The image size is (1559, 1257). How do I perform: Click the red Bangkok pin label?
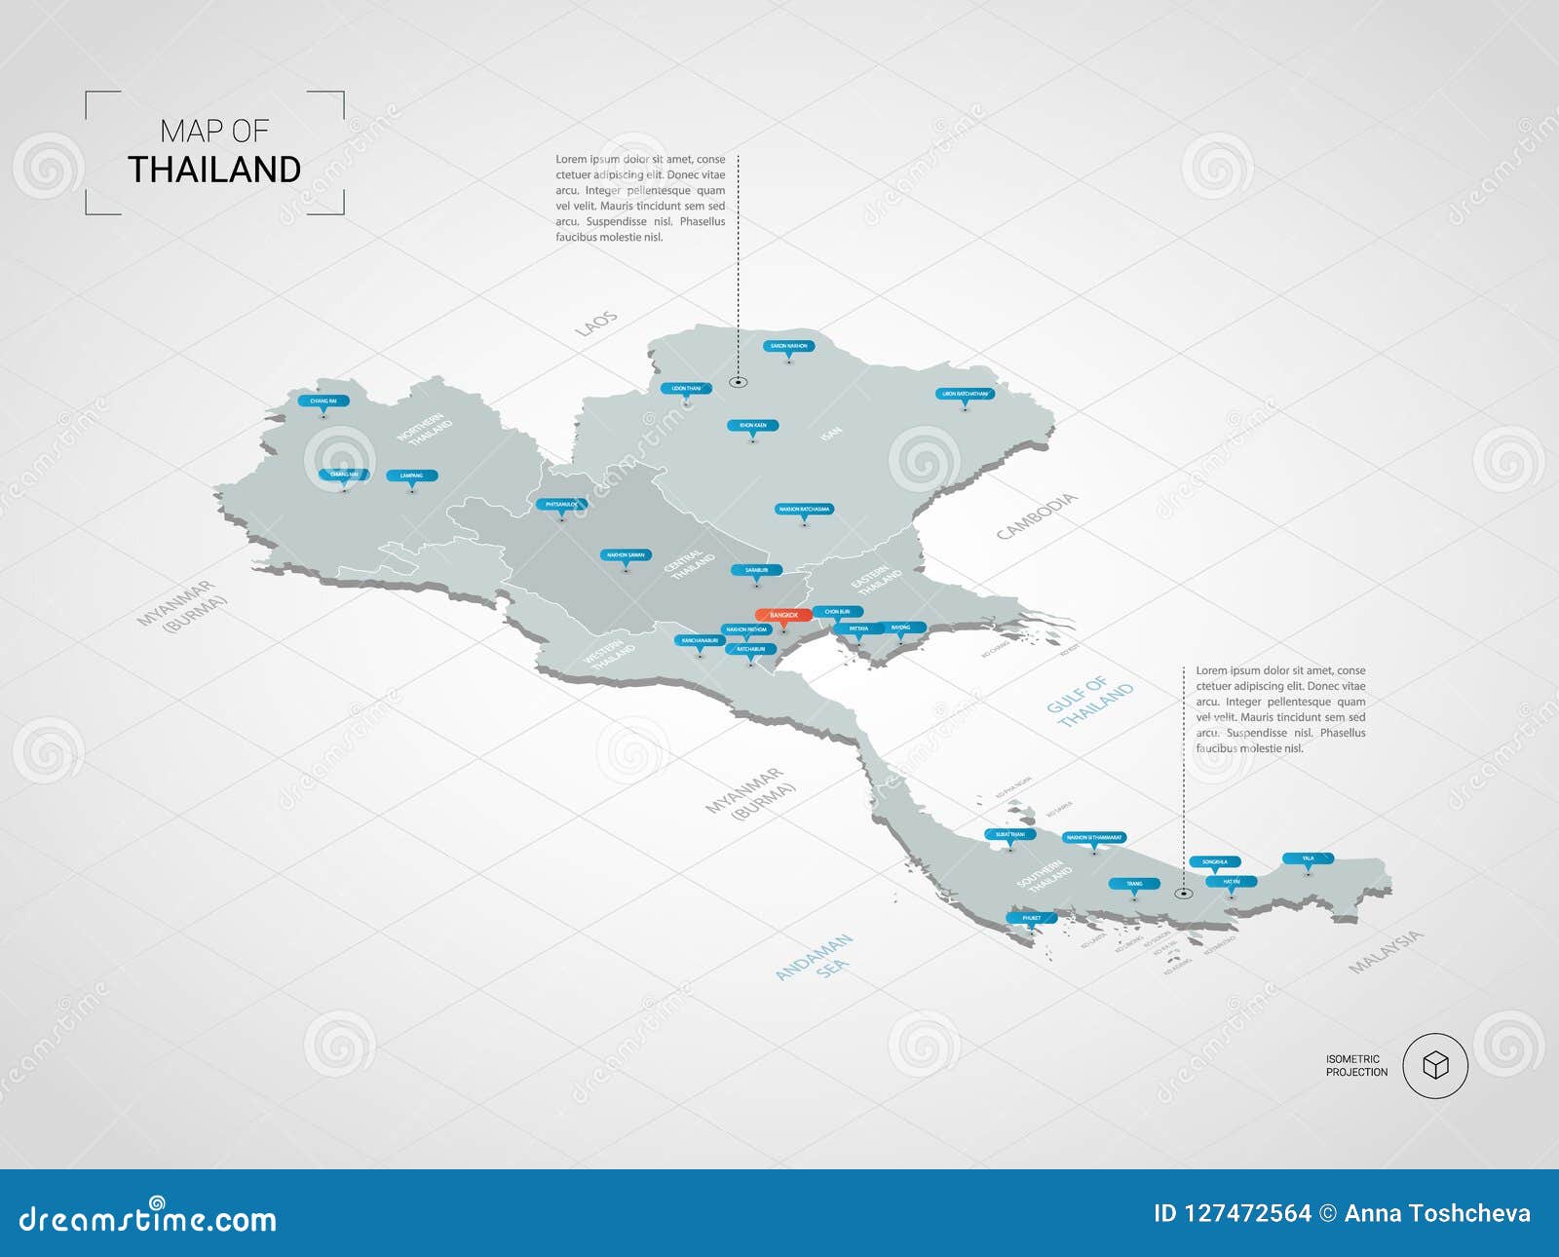[783, 615]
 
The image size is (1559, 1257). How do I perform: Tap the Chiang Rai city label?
[323, 400]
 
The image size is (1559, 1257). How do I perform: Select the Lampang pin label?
[411, 476]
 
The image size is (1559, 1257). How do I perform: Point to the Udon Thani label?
[686, 388]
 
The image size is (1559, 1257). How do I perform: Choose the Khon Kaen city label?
[753, 425]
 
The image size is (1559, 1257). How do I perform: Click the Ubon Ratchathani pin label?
[964, 394]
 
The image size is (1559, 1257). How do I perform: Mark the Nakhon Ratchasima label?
[804, 509]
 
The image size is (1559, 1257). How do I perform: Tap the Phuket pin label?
[1031, 918]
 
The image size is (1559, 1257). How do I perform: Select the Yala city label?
[1308, 858]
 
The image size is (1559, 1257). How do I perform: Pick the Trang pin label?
[1134, 884]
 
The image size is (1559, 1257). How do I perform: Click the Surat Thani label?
[1009, 834]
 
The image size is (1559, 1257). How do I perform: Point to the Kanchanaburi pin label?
[700, 640]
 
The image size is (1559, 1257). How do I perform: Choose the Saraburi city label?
[756, 570]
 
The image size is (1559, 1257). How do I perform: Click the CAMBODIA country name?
[1037, 516]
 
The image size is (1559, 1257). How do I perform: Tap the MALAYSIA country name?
[1386, 952]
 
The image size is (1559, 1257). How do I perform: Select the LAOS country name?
[596, 323]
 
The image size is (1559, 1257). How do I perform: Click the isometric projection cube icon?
[1435, 1065]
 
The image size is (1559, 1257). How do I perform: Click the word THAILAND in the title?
[214, 170]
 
